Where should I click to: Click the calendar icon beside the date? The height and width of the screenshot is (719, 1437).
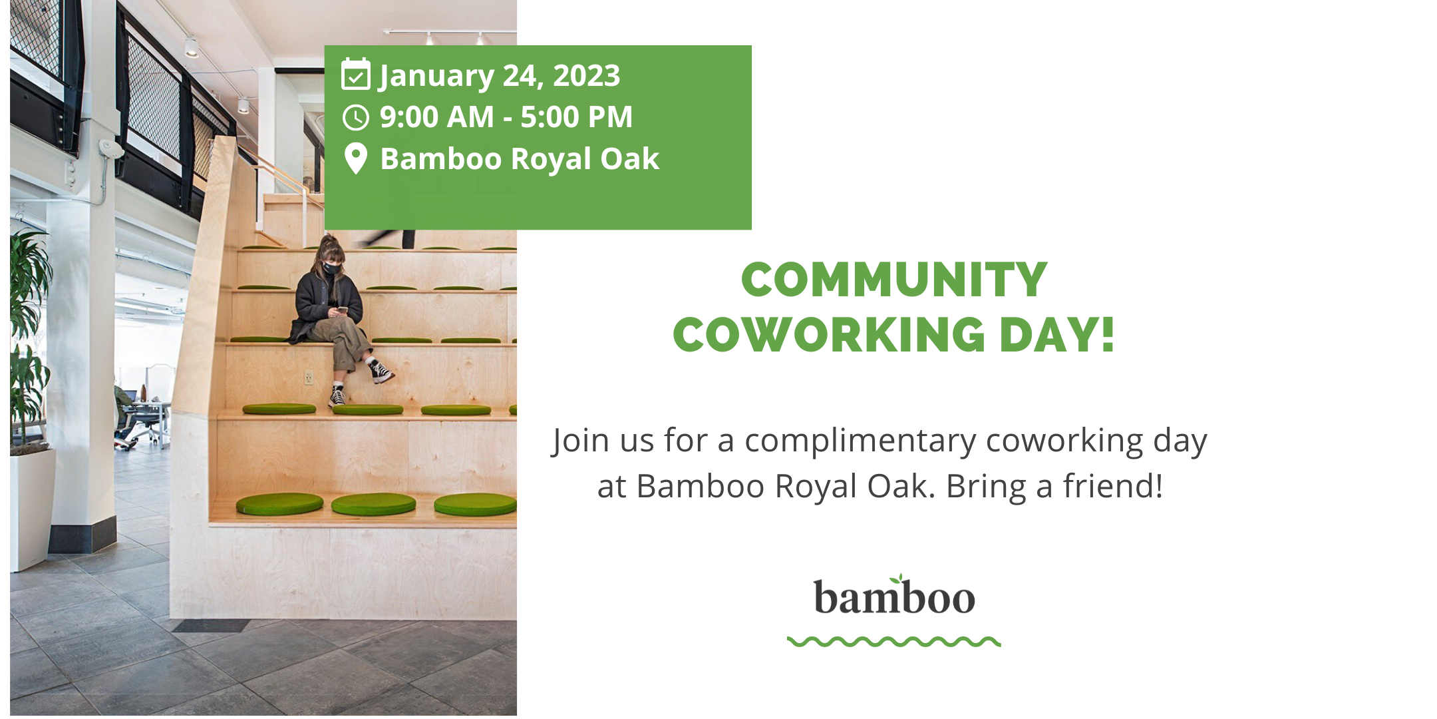(355, 75)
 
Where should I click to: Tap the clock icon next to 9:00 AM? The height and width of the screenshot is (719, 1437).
(355, 117)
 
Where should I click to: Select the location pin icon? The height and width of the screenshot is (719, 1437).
(356, 159)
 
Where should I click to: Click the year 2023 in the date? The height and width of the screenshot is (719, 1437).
(586, 76)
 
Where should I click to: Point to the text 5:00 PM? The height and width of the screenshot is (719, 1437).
(576, 117)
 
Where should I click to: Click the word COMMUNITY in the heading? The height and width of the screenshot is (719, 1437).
(894, 280)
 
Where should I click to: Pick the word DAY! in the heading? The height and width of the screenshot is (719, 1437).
(1056, 334)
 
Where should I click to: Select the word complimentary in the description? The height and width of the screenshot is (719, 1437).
(861, 441)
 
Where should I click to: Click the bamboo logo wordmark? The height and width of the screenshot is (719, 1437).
(894, 597)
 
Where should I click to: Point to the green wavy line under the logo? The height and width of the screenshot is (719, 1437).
(894, 642)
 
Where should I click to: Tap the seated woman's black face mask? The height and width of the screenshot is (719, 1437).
(331, 270)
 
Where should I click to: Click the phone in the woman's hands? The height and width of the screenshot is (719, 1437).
(342, 310)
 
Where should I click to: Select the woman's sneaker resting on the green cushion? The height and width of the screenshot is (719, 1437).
(337, 397)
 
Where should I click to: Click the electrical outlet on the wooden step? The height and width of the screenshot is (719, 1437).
(309, 377)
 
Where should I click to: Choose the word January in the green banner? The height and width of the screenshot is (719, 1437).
(436, 76)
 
